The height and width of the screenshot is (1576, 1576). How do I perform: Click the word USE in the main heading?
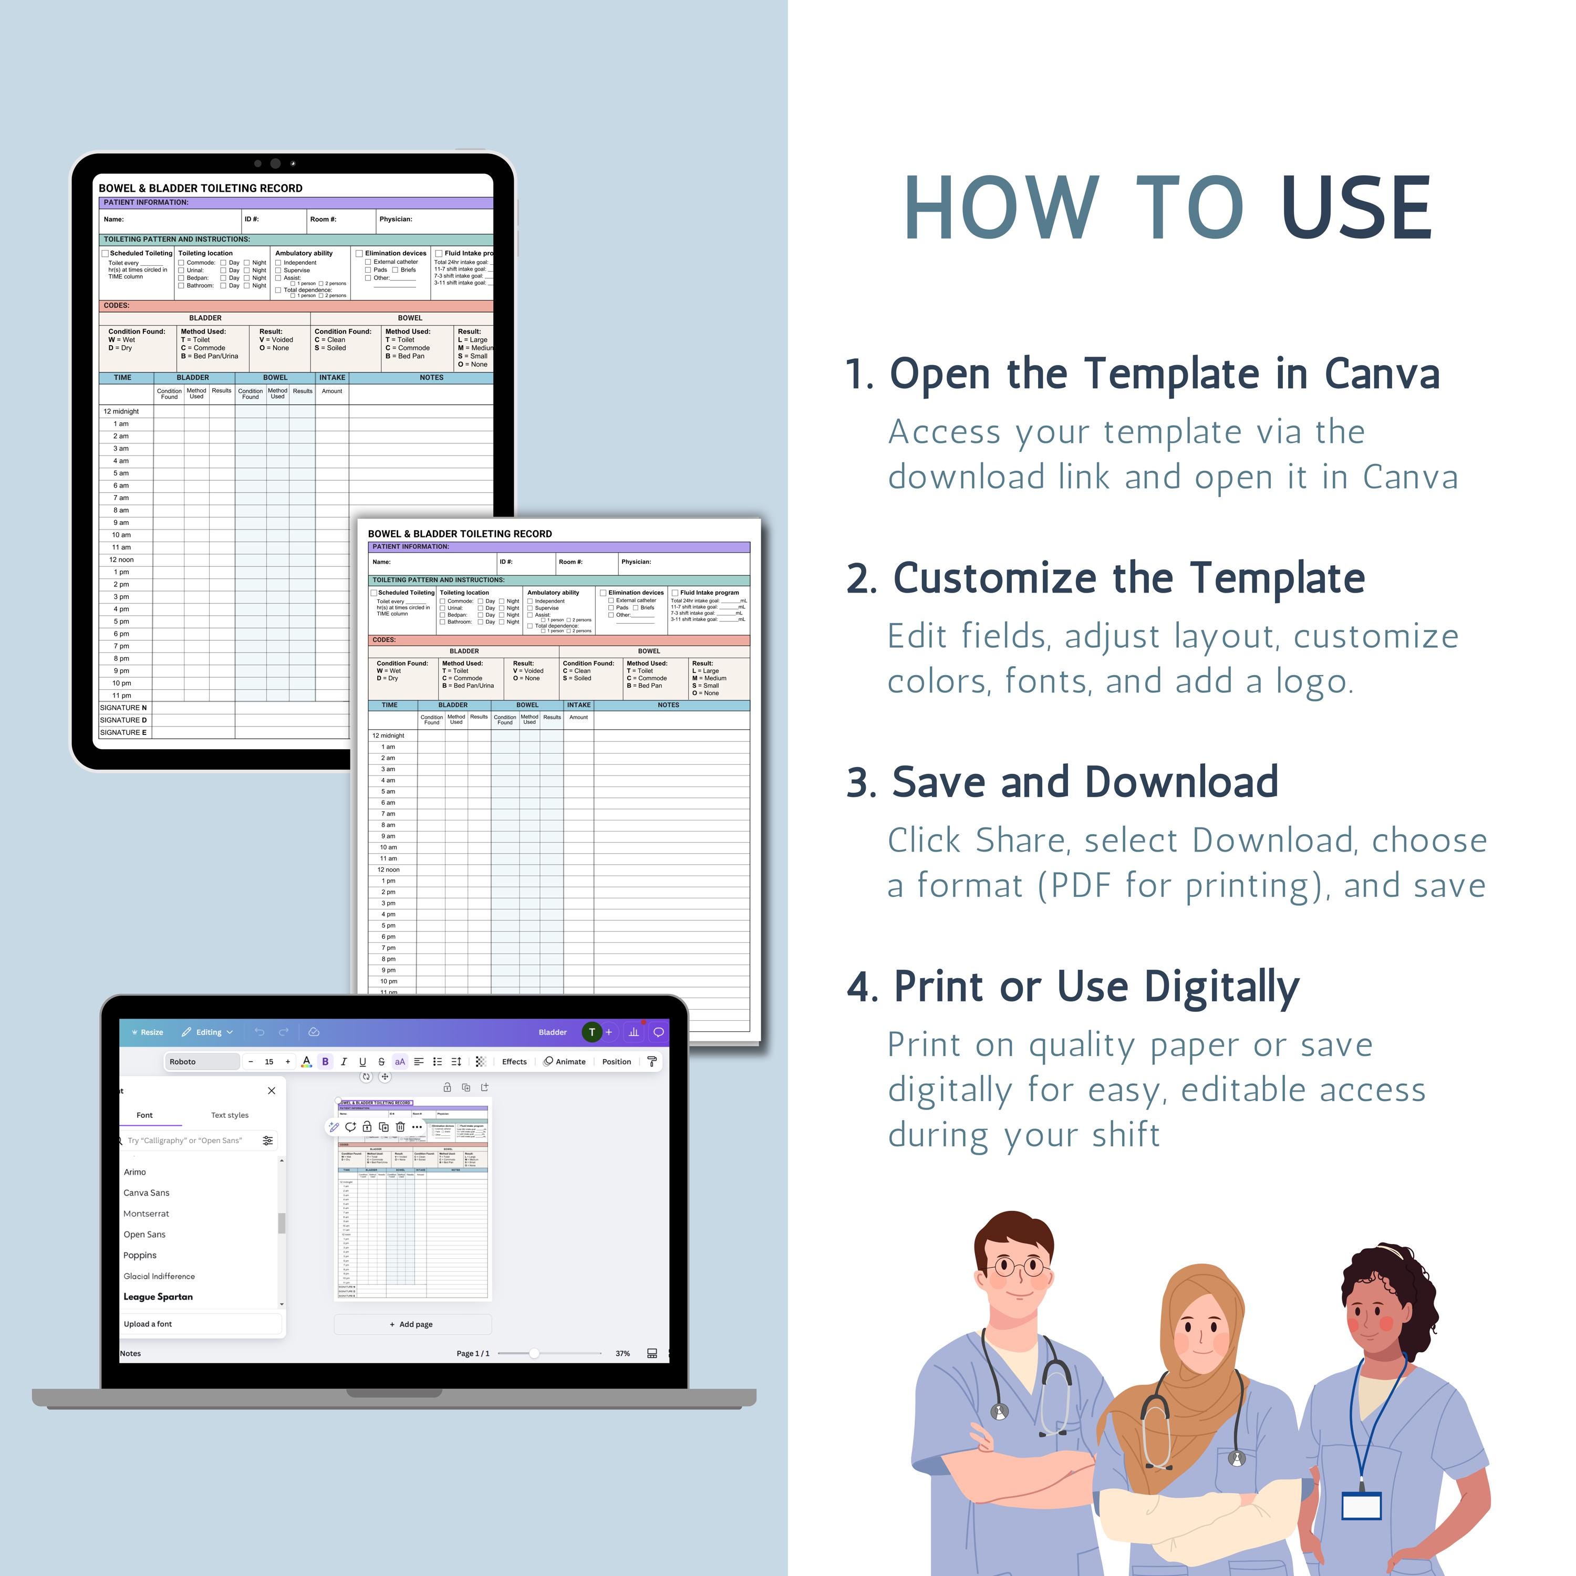tap(1356, 209)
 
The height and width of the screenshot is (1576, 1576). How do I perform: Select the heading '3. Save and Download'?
tap(1062, 782)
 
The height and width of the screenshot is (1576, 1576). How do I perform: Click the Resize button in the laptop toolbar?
tap(147, 1032)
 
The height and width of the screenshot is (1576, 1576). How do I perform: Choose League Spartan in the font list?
tap(158, 1296)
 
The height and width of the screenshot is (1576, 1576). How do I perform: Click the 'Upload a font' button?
tap(148, 1324)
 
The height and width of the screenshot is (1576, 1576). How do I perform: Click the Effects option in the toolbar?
tap(514, 1061)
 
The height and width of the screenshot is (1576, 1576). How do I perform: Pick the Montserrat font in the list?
tap(146, 1213)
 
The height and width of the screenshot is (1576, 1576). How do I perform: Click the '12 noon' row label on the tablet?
tap(121, 559)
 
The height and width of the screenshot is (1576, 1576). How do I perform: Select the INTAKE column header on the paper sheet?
tap(578, 705)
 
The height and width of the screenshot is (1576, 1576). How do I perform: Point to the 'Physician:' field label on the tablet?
tap(396, 219)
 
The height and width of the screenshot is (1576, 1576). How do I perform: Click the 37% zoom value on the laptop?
tap(623, 1353)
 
